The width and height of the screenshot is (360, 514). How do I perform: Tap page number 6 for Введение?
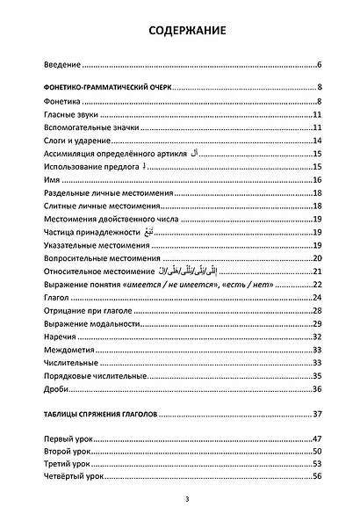coord(320,65)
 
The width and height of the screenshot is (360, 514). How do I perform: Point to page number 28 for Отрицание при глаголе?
coord(318,311)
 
